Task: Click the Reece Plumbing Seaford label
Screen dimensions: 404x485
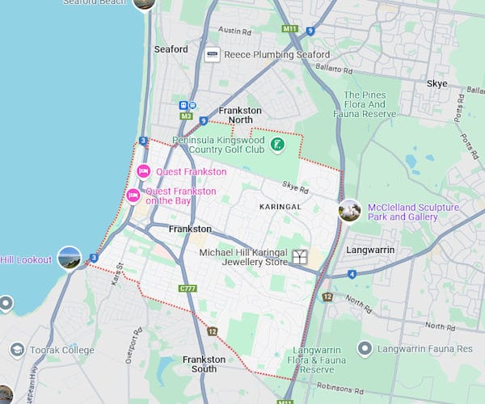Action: pos(278,54)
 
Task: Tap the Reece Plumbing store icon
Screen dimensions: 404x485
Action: pos(213,54)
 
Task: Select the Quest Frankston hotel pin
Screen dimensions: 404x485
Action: pos(144,170)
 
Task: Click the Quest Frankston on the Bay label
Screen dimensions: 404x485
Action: pos(180,196)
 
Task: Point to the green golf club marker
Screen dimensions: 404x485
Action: pos(277,145)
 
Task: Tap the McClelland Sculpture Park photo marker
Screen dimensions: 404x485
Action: pos(349,211)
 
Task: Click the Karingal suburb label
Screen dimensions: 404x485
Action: pos(280,207)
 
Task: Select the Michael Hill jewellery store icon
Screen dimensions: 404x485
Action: pos(300,257)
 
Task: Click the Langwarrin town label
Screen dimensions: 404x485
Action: pos(370,250)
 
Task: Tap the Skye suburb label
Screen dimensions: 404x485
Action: pos(436,84)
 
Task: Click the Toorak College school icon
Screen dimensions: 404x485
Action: pos(17,350)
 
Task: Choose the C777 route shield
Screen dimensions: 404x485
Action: pos(188,288)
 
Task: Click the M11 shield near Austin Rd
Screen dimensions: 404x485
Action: pos(290,29)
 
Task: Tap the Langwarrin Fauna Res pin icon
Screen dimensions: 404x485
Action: pos(365,348)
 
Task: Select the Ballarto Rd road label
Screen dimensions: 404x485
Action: pos(336,71)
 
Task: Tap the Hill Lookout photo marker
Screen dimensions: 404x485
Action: pos(70,259)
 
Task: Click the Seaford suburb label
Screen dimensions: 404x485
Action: pos(171,49)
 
